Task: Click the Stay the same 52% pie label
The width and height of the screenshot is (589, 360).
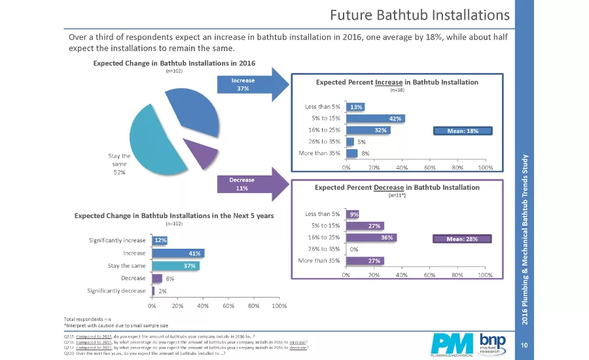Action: tap(119, 164)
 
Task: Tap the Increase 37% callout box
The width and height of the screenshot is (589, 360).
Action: tap(243, 84)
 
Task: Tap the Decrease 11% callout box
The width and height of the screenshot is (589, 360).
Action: tap(243, 184)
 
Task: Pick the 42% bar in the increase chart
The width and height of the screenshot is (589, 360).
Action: tap(376, 118)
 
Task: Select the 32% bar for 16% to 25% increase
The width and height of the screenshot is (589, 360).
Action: tap(368, 130)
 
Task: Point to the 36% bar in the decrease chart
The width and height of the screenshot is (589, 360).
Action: tap(371, 238)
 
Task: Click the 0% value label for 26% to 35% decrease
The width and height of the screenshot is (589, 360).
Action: tap(354, 249)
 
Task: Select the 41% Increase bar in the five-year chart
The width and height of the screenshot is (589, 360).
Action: tap(179, 253)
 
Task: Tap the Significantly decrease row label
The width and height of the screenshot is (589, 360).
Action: tap(117, 290)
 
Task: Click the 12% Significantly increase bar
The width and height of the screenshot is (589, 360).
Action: tap(160, 241)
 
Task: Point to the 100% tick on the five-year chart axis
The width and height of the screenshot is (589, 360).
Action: tap(279, 305)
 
